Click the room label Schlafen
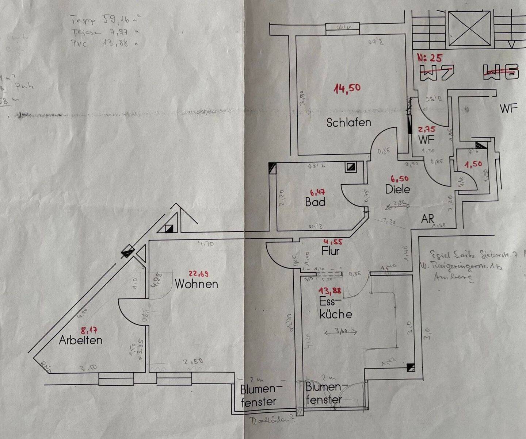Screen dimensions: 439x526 pos(348,122)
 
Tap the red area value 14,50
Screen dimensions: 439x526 pos(347,88)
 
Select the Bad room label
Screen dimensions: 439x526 pos(315,202)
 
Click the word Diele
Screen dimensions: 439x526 pos(397,189)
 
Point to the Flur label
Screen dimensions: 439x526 pos(331,251)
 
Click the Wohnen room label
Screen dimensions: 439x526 pos(197,284)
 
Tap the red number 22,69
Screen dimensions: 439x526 pos(198,273)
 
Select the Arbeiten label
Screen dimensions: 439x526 pos(80,340)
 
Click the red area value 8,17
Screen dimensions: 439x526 pos(89,331)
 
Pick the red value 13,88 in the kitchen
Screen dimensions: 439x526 pos(330,290)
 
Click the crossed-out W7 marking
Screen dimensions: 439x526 pos(437,73)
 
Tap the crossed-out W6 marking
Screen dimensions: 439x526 pos(501,72)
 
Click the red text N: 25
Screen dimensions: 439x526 pos(430,58)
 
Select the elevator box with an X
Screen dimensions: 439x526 pos(469,28)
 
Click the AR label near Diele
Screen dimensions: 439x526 pos(427,219)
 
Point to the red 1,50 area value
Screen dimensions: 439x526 pos(473,164)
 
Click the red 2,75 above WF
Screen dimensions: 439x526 pos(427,130)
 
